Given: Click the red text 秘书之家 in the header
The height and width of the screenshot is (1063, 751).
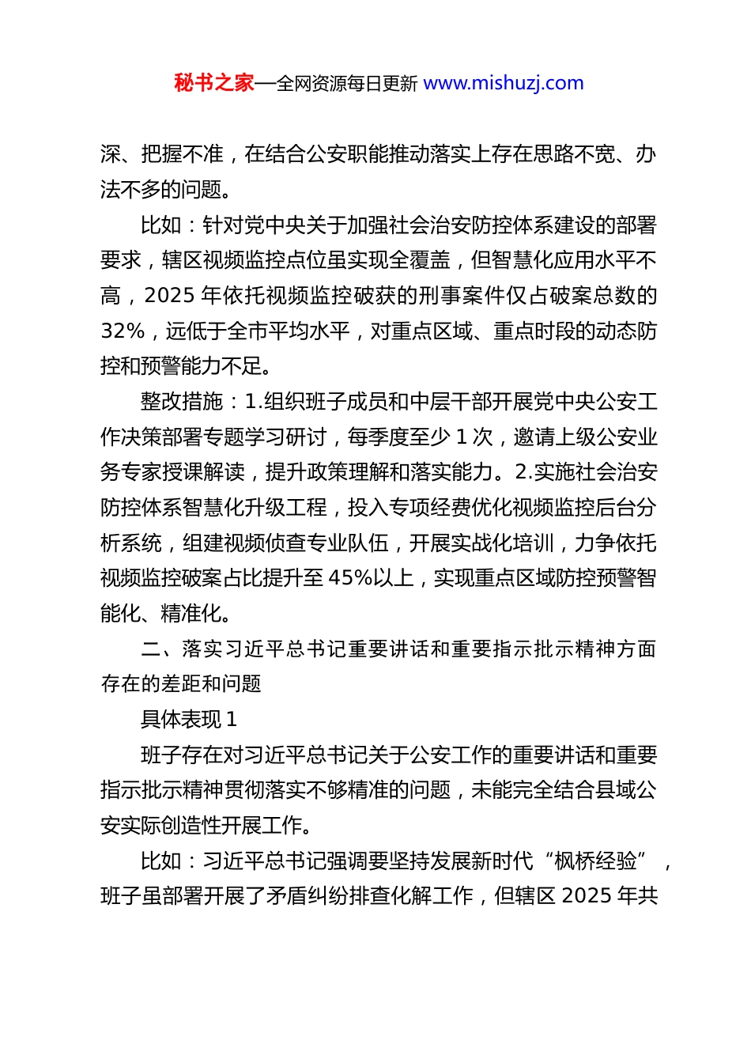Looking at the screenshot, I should point(214,83).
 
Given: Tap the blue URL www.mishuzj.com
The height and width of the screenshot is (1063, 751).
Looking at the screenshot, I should point(504,83).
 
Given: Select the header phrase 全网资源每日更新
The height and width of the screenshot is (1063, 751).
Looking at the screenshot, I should point(346,83).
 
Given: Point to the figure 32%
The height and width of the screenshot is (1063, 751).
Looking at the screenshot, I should point(123,331).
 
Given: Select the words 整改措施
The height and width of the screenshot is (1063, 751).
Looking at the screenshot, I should point(182,402).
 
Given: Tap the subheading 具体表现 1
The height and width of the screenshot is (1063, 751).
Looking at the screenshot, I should point(189,719).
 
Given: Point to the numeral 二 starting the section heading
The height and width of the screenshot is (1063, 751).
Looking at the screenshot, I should point(151,649).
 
